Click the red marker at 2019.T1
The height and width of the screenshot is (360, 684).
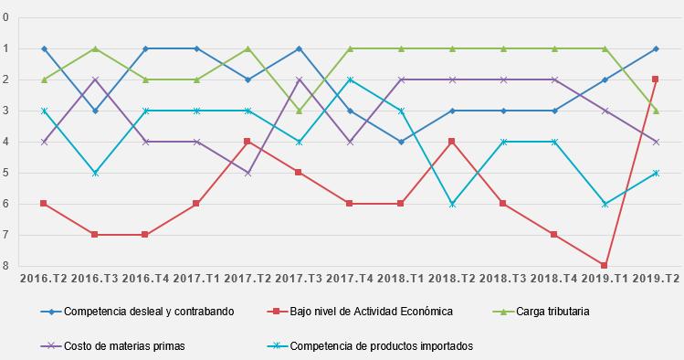click(605, 266)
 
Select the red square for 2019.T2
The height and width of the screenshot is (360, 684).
click(656, 79)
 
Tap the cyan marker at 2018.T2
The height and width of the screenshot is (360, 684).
click(452, 204)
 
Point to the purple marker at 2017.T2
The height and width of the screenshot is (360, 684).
click(247, 173)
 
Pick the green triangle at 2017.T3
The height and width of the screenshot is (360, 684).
click(299, 111)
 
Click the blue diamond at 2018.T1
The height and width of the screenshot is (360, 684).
click(401, 142)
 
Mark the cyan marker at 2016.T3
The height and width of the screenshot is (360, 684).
click(95, 173)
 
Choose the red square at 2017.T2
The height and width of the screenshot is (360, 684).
click(247, 142)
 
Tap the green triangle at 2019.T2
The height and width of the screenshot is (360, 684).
click(656, 111)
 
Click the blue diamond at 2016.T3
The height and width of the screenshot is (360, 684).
click(95, 111)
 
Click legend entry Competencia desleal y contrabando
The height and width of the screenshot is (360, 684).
click(149, 312)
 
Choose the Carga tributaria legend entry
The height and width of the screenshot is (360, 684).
click(550, 312)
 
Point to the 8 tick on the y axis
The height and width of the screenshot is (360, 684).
click(6, 266)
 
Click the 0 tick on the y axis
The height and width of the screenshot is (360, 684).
click(6, 17)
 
